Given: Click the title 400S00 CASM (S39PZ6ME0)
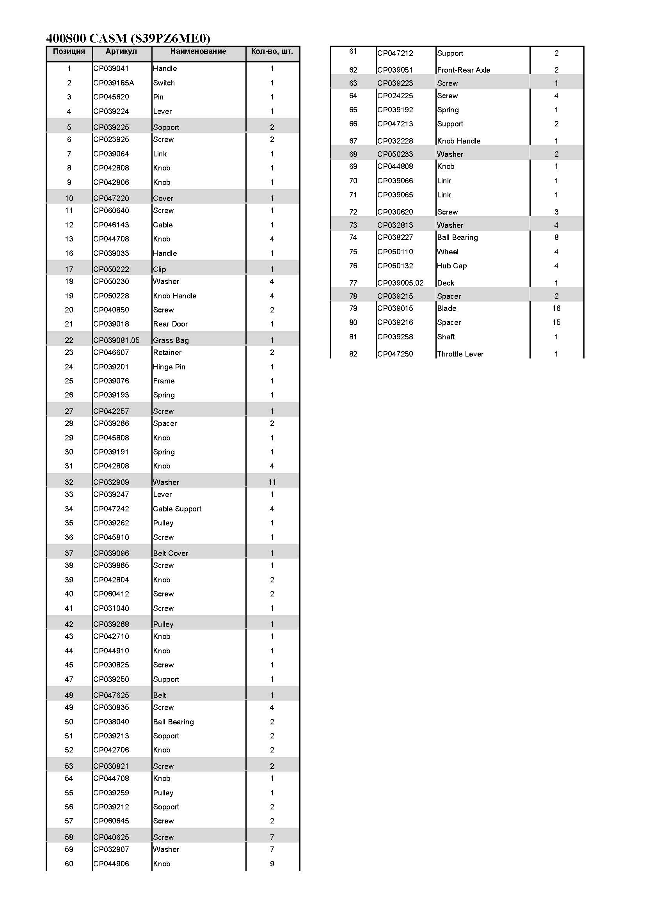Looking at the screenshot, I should point(128,38).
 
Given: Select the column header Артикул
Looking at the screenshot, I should point(121,51).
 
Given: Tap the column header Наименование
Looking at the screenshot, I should point(198,51).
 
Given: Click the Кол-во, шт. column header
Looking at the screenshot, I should point(272,51).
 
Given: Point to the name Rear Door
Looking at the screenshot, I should point(170,324).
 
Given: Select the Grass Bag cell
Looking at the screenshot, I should point(171,340).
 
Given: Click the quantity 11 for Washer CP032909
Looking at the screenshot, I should point(272,482).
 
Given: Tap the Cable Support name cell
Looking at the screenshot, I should point(177,508).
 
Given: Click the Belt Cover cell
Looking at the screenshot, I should point(171,553).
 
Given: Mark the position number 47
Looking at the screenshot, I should point(69,679).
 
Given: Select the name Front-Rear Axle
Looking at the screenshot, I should point(464,70).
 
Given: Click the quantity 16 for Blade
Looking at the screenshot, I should point(556,308).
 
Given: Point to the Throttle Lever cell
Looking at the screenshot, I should point(460,353).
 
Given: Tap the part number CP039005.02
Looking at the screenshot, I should point(400,283).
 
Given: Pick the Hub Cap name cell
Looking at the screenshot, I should point(452,266).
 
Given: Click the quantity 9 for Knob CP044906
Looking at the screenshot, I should point(272,863).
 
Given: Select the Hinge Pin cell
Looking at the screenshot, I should point(169,367).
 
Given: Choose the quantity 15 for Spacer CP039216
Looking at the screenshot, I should point(556,322).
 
